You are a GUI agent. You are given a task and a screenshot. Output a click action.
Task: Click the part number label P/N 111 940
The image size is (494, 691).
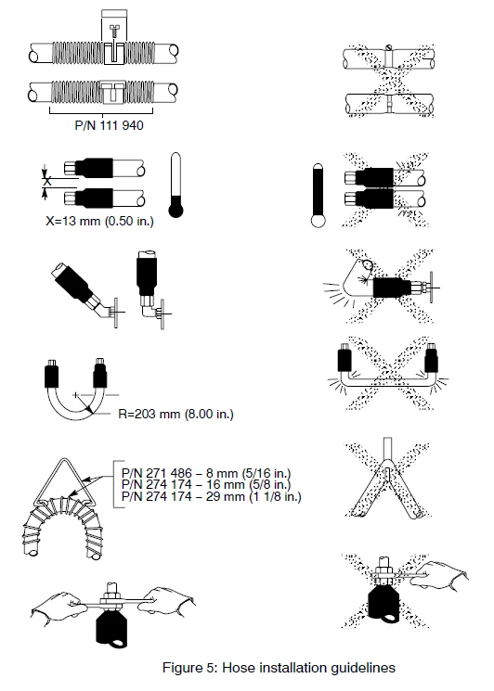coord(109,125)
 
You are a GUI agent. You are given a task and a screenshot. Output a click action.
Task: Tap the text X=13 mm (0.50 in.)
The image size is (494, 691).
coord(99,221)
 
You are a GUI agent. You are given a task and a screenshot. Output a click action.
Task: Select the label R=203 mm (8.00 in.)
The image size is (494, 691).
coord(175,414)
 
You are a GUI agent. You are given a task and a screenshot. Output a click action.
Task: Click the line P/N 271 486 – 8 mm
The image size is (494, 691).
coord(206,473)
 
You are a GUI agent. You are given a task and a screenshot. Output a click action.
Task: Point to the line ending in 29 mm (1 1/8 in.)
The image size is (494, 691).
coord(212,496)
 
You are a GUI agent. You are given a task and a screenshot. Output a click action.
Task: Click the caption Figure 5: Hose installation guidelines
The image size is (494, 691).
coord(279,668)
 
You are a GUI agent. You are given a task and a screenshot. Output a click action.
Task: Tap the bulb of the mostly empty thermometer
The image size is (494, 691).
coord(176,211)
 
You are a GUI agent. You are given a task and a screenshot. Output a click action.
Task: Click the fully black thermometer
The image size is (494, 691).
coord(318,196)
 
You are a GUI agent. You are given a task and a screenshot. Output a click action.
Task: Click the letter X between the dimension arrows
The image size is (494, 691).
coord(47,180)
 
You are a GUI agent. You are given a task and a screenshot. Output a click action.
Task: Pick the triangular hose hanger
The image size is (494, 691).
coord(64,482)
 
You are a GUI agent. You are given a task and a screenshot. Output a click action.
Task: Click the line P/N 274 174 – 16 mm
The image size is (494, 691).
coord(206,485)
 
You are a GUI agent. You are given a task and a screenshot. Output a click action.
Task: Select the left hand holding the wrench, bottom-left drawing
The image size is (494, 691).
coord(57,608)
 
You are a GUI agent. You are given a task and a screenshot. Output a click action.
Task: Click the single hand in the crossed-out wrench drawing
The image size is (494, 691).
coord(441,574)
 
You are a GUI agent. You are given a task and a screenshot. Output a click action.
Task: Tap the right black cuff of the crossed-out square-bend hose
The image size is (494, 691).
coord(432,358)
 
